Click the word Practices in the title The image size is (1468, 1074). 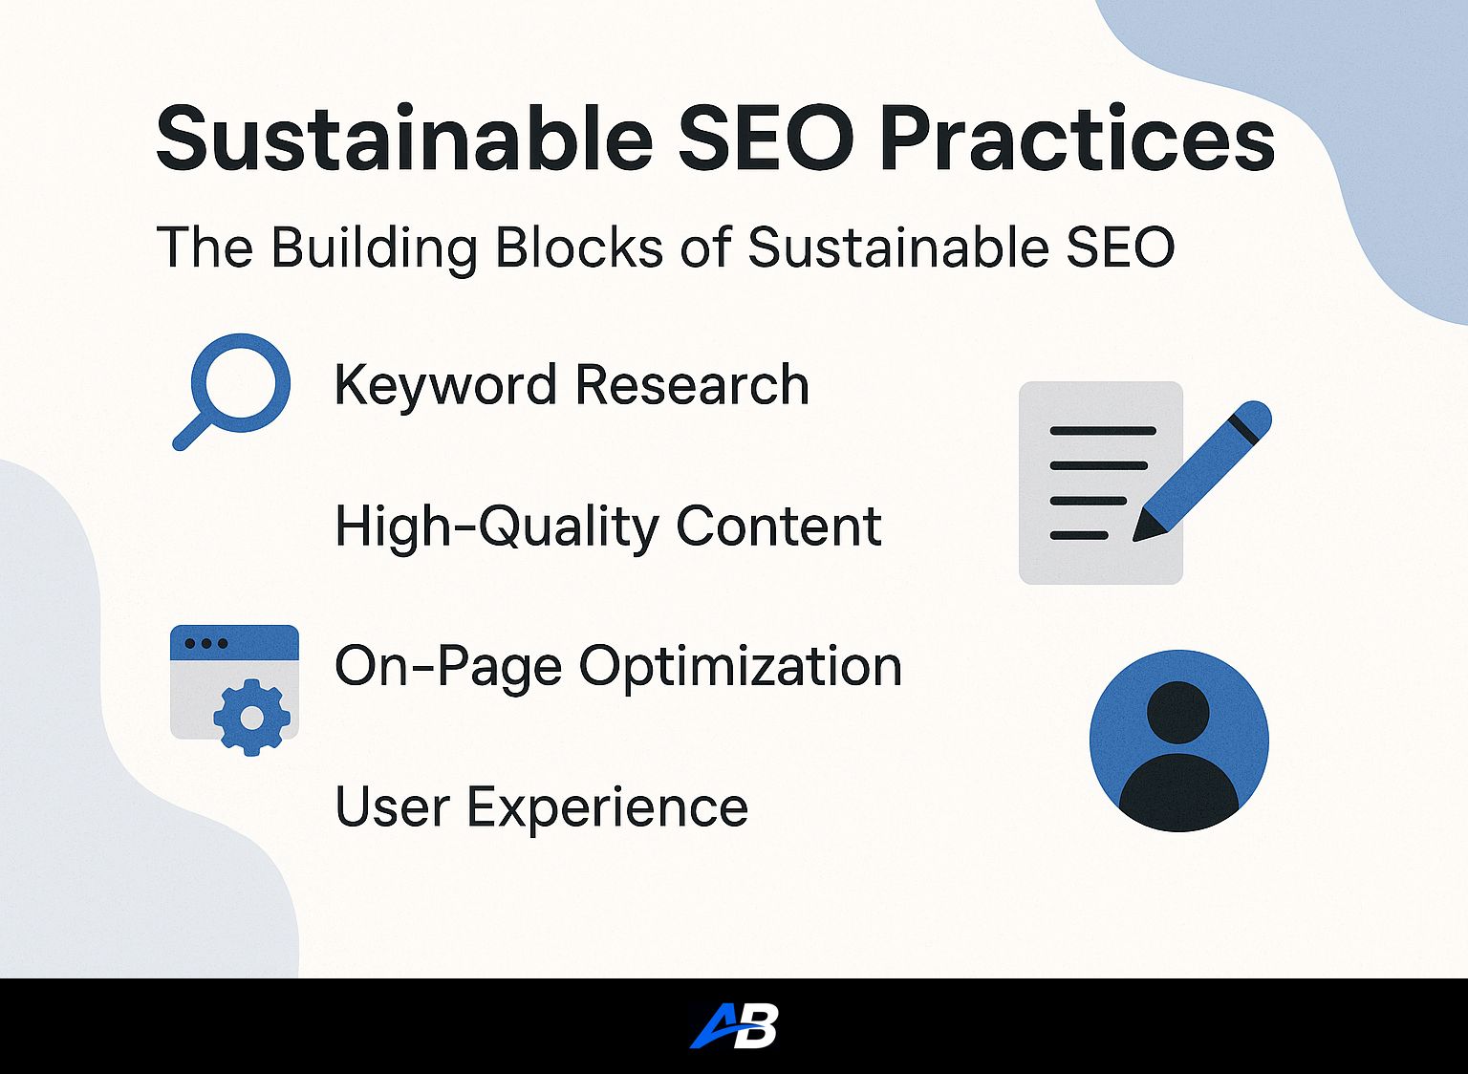(x=1077, y=140)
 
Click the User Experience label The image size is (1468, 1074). (x=541, y=808)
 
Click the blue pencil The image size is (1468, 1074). (x=1202, y=471)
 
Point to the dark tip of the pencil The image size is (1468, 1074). (x=1144, y=529)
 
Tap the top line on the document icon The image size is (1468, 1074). (x=1103, y=431)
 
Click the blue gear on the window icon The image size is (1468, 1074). (x=251, y=719)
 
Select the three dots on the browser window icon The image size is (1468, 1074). (x=206, y=643)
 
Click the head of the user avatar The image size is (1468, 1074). (x=1178, y=712)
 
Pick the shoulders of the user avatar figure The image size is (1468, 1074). (x=1178, y=793)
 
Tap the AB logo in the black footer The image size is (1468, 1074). (x=734, y=1025)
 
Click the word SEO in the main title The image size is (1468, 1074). (x=766, y=139)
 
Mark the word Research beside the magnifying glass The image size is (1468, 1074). (x=692, y=385)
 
